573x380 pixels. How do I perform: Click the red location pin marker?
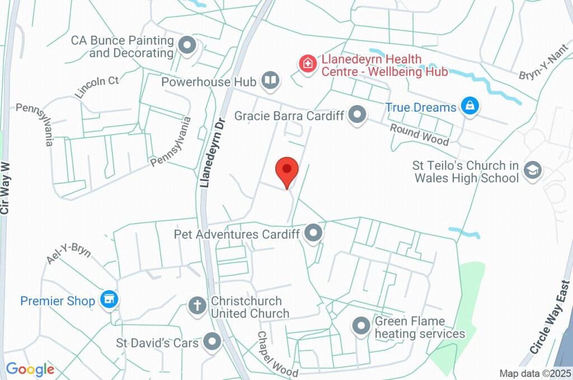288,170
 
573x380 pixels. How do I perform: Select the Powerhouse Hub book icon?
270,82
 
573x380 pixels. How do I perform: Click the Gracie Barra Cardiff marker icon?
356,116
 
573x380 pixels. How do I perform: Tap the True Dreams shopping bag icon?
470,106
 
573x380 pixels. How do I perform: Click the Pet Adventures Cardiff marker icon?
314,234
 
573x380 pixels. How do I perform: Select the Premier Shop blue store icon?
109,300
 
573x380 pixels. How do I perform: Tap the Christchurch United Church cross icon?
197,306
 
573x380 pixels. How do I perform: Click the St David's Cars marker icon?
212,341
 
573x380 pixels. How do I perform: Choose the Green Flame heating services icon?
361,326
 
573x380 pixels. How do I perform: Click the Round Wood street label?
420,134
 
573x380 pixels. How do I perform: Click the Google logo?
30,369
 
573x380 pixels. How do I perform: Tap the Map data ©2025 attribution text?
536,373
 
